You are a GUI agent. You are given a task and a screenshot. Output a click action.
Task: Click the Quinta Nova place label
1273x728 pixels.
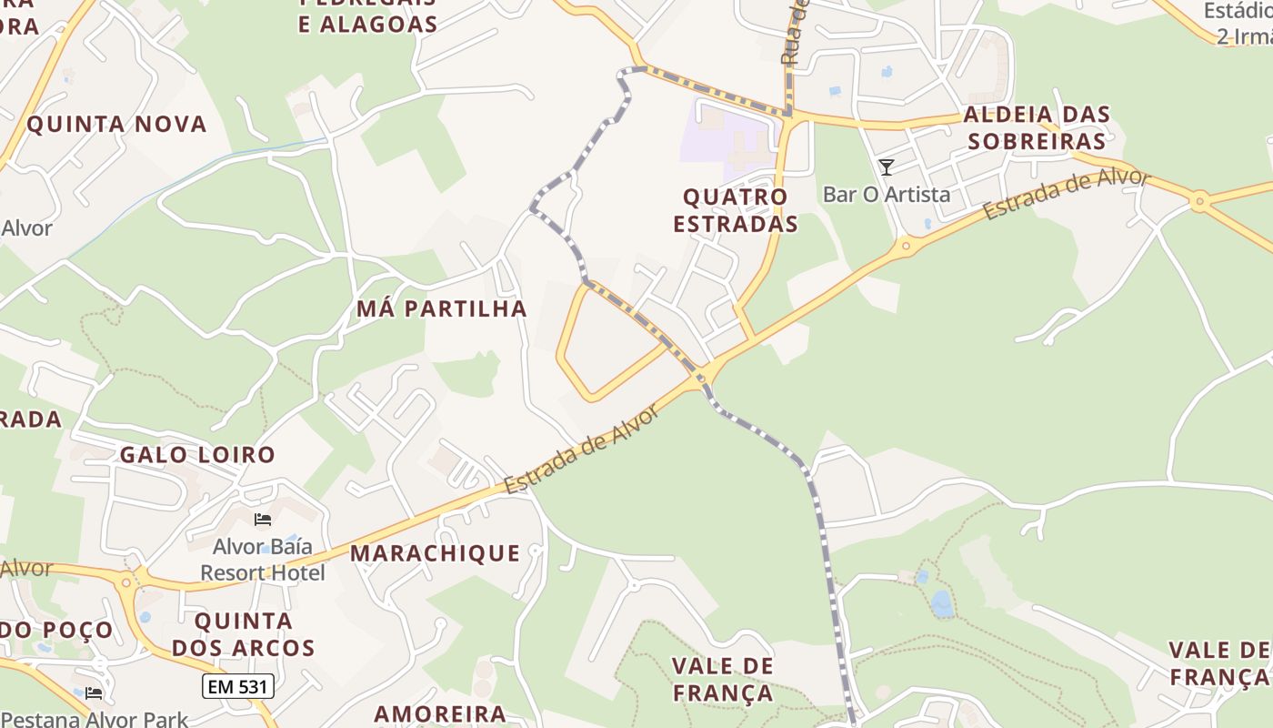(116, 124)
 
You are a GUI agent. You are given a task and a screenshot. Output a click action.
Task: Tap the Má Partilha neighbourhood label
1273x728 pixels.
(441, 308)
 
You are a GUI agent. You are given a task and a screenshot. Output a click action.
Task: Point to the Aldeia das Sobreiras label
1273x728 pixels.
(1037, 127)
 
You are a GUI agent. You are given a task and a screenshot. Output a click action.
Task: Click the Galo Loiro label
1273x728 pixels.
(197, 454)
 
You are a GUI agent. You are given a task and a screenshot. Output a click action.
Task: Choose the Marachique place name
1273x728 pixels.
(435, 553)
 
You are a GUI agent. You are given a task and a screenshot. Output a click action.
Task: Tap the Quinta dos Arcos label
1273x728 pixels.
(244, 634)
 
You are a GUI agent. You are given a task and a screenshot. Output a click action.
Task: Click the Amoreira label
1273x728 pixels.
(440, 713)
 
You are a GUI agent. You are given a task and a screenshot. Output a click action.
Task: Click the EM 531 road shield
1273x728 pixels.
(237, 686)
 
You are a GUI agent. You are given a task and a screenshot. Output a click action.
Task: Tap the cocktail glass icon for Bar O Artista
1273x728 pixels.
(887, 167)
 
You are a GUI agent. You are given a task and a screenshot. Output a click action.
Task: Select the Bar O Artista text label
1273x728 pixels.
(887, 194)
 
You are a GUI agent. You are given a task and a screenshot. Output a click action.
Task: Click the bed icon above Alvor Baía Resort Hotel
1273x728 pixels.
(263, 520)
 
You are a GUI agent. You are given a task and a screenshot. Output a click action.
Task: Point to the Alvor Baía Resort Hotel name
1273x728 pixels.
(263, 560)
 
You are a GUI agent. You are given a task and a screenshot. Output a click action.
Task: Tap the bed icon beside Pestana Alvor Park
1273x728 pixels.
(93, 693)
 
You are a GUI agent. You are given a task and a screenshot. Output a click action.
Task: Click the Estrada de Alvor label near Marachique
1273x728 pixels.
(581, 450)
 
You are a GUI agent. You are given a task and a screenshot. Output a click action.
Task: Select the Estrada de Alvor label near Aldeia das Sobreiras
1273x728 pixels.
(1067, 193)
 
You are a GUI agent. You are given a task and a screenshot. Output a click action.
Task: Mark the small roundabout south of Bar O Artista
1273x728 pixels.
(906, 245)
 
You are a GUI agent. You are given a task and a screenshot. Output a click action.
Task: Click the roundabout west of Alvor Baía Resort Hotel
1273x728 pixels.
(139, 578)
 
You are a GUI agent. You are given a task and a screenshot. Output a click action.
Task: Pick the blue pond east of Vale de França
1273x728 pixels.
(941, 602)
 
